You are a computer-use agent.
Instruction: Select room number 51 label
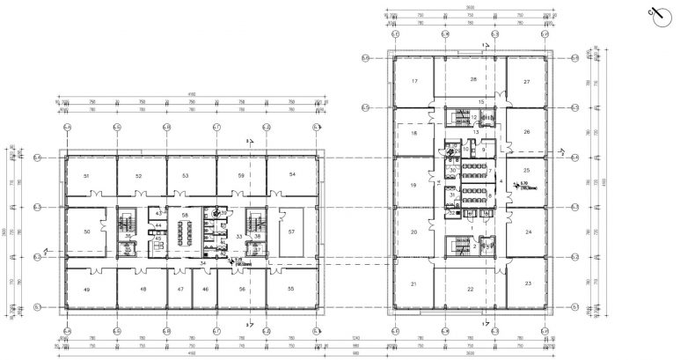86,177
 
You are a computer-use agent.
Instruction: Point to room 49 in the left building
86,289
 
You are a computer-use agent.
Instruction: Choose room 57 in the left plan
291,231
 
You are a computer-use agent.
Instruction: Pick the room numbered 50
86,231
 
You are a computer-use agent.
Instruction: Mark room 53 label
186,177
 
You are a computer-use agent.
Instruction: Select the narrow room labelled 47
180,289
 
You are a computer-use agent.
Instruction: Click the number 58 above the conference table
185,215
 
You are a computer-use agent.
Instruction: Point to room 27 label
526,82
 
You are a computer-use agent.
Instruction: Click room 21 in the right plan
412,283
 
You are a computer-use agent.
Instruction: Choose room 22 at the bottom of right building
471,289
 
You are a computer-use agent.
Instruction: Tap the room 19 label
412,186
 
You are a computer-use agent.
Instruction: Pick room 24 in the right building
529,233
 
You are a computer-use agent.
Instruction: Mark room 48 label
141,289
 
